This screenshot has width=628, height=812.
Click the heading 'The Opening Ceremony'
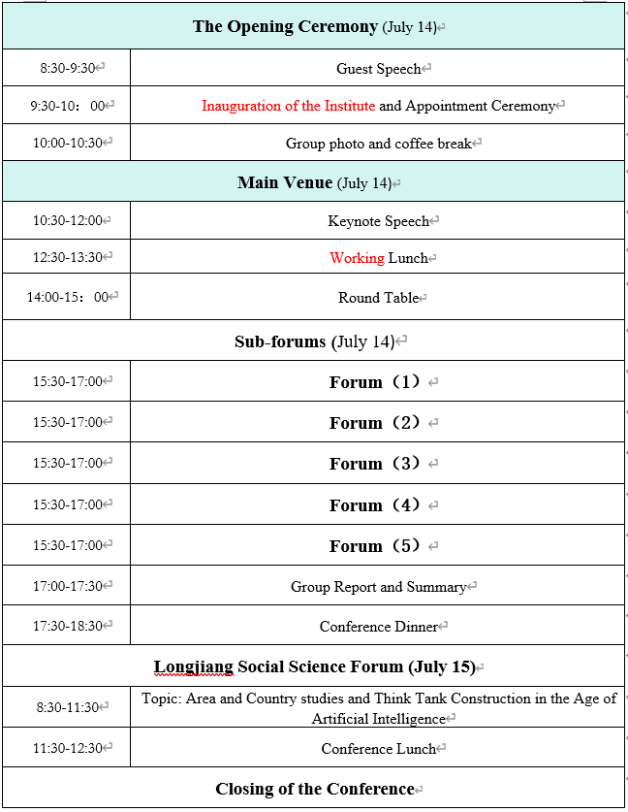(284, 26)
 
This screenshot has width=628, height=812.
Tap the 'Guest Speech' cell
(379, 68)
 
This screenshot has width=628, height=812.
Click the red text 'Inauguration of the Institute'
(289, 106)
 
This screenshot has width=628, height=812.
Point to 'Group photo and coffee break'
(379, 143)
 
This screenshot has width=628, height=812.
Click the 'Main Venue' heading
(285, 182)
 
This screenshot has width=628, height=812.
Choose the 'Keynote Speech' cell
(378, 220)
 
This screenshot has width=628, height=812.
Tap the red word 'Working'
(357, 257)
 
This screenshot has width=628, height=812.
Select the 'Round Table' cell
(378, 297)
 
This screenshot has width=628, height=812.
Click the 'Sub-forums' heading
(281, 341)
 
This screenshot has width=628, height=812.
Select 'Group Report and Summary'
(378, 587)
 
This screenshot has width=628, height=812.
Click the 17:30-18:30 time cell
(67, 626)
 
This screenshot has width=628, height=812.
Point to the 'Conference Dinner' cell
(379, 626)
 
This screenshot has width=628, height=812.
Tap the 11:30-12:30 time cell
(67, 748)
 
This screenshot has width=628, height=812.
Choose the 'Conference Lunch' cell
(379, 748)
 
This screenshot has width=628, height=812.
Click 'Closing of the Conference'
(315, 789)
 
